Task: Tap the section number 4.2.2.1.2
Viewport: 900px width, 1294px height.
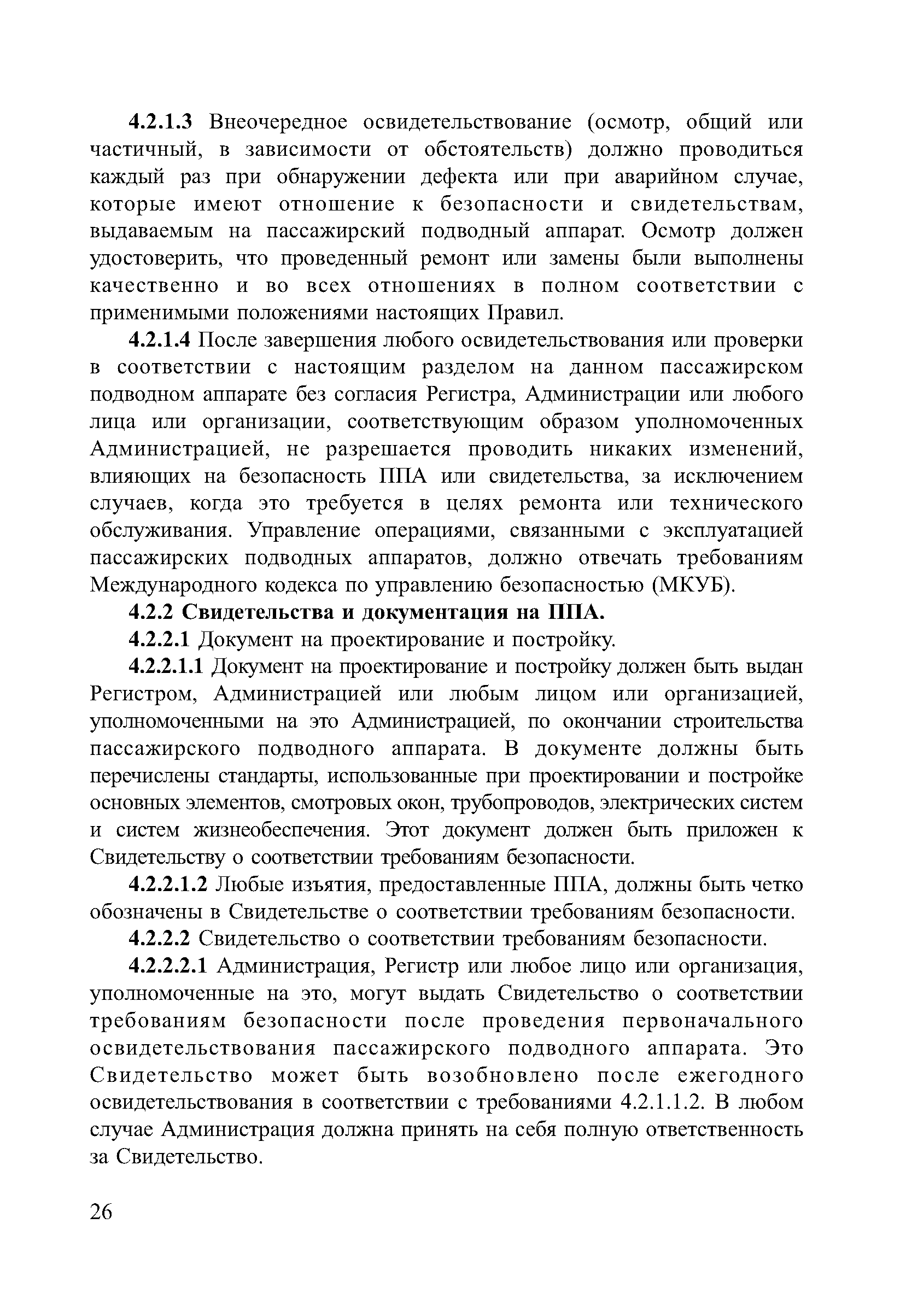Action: (168, 886)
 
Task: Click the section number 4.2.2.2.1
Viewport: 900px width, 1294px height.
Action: (168, 967)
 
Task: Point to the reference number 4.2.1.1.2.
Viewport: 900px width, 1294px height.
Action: (661, 1104)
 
